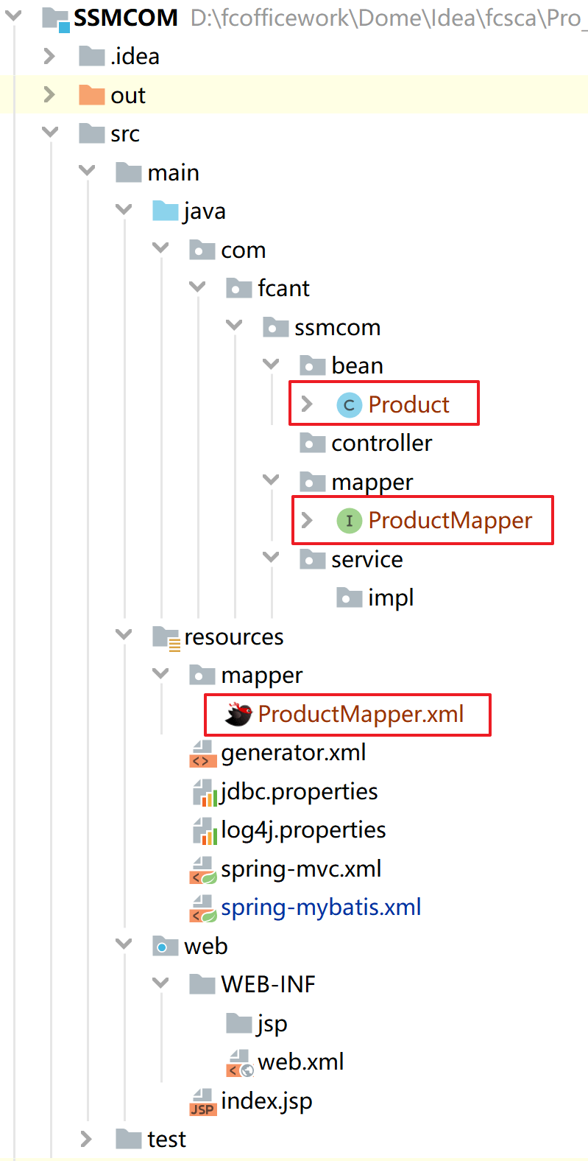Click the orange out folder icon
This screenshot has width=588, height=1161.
tap(91, 95)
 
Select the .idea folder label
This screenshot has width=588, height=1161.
tap(135, 57)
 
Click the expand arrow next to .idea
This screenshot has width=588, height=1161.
tap(49, 56)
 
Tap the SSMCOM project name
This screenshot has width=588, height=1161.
tap(126, 18)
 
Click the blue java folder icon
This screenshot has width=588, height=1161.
tap(165, 211)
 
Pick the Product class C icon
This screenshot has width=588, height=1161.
tap(349, 404)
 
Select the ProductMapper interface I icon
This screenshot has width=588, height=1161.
tap(349, 521)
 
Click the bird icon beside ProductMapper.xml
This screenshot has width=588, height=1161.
tap(238, 714)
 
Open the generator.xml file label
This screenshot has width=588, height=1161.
tap(293, 753)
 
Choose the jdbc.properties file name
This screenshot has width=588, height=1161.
tap(299, 792)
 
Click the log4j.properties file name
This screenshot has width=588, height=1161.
tap(303, 830)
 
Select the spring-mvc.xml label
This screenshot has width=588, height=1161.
tap(301, 869)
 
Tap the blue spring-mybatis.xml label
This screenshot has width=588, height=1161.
tap(321, 908)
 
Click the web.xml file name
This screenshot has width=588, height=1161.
tap(301, 1062)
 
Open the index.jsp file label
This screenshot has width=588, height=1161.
tap(266, 1101)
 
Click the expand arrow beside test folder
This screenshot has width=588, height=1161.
tap(86, 1140)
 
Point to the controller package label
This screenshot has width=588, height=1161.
tap(381, 443)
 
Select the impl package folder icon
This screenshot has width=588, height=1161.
tap(349, 598)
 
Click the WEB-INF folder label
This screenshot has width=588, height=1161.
tap(268, 985)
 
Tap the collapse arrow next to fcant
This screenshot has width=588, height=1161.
tap(197, 288)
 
